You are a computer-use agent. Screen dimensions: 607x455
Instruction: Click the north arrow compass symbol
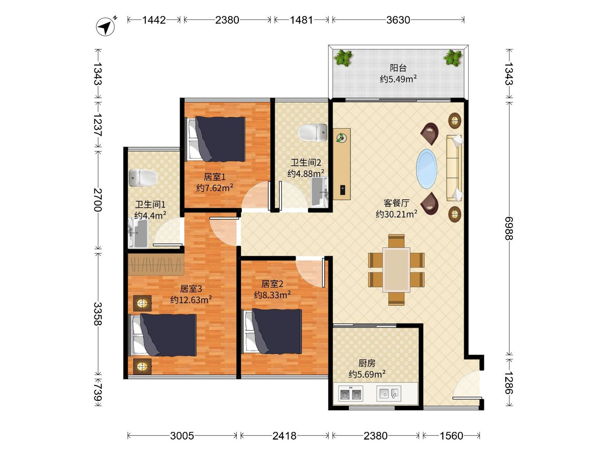coord(106,27)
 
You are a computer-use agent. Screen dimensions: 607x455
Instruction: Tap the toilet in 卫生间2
coord(313,133)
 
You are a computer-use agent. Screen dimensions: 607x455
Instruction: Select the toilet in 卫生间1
coord(143,178)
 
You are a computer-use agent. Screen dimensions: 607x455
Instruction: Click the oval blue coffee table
coord(427,169)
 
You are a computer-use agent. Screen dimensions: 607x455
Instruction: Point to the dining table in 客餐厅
coord(396,270)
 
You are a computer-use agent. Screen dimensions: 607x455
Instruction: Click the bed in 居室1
coord(215,139)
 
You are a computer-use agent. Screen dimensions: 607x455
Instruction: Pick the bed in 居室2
coord(272,331)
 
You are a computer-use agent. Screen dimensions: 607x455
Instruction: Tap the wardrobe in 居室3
coord(156,264)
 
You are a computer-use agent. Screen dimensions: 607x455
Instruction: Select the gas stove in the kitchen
coord(351,394)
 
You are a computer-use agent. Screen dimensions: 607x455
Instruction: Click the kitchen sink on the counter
coord(388,394)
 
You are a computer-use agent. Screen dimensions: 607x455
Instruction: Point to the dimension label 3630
coord(398,20)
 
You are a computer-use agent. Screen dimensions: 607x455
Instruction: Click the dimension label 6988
coord(509,228)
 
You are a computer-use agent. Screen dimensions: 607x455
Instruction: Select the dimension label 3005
coord(182,436)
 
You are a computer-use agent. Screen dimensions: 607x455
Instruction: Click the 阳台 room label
coord(398,68)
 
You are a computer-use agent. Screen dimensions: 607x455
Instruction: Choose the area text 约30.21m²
coord(397,214)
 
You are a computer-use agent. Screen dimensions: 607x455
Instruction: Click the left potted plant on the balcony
coord(343,58)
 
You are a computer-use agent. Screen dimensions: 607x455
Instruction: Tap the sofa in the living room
coord(454,168)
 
